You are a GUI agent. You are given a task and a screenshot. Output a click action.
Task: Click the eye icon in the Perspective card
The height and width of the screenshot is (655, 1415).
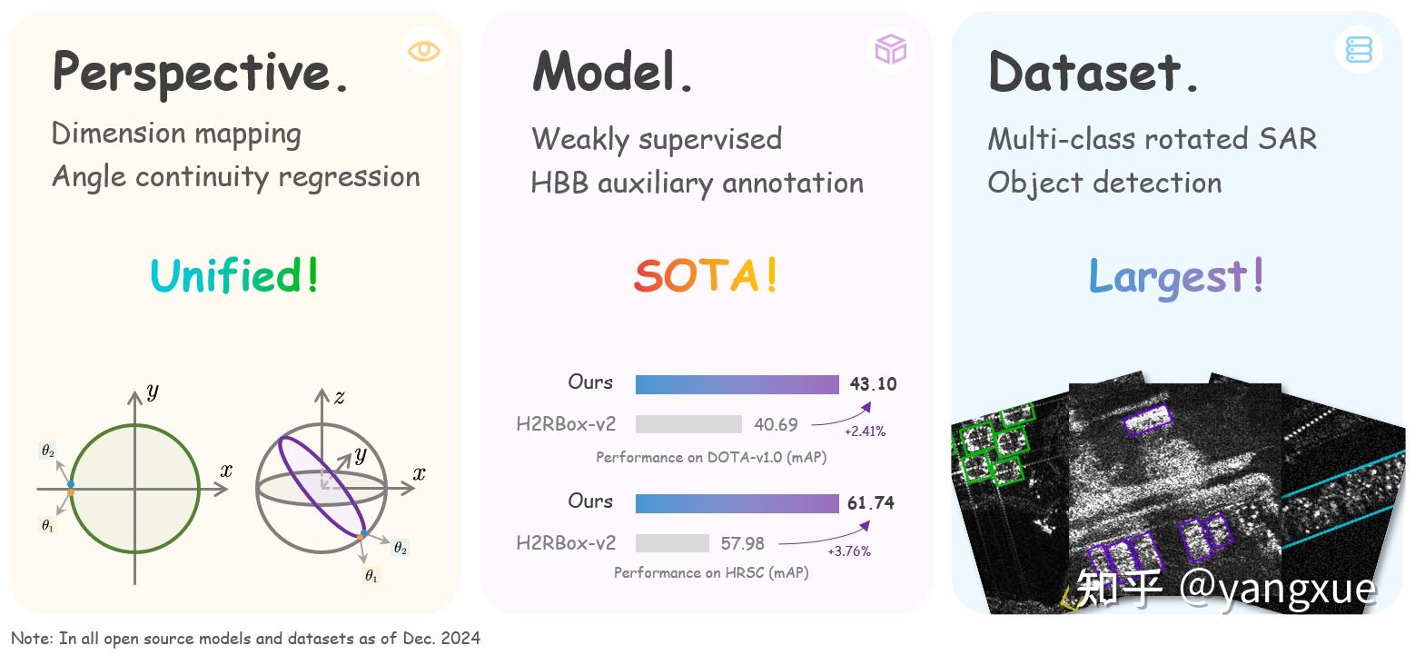[x=424, y=50]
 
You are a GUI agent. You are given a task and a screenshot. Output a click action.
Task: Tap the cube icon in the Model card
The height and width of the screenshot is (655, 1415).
[x=890, y=49]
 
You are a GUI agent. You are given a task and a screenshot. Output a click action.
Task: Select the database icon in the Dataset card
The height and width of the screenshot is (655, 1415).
[x=1359, y=49]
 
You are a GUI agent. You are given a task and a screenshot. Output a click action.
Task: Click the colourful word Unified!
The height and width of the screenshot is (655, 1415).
[x=235, y=274]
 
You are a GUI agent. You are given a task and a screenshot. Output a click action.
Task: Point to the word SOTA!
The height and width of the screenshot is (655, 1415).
[x=706, y=274]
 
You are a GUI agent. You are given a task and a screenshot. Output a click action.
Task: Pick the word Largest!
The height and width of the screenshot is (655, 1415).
[x=1176, y=274]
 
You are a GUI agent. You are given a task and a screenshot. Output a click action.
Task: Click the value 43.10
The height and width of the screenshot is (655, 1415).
[x=873, y=384]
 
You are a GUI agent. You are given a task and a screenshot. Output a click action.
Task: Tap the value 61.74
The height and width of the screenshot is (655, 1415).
[x=870, y=503]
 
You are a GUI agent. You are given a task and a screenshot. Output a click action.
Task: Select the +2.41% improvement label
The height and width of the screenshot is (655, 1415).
[x=865, y=432]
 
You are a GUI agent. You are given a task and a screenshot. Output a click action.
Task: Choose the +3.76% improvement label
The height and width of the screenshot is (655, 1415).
[x=849, y=551]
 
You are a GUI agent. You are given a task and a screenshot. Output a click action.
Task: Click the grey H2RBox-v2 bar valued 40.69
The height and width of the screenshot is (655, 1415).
[x=688, y=424]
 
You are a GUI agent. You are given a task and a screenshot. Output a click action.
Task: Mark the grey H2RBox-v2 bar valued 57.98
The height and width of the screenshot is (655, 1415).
[x=672, y=543]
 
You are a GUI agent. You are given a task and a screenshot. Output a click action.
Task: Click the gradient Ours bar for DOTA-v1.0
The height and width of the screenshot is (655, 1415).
[x=737, y=384]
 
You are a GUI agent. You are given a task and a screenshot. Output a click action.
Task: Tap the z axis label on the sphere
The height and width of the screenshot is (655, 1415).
[x=339, y=397]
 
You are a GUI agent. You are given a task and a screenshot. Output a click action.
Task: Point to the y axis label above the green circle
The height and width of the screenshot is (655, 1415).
[x=153, y=392]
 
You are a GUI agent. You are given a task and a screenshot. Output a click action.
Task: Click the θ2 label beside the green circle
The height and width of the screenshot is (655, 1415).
[x=47, y=452]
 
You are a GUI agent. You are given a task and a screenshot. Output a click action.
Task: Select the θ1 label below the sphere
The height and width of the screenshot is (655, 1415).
[x=371, y=576]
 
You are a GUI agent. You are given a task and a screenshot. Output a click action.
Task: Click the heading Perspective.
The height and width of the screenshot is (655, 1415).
[x=201, y=73]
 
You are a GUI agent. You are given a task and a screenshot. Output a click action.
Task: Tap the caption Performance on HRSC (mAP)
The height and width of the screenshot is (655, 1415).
[x=711, y=572]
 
